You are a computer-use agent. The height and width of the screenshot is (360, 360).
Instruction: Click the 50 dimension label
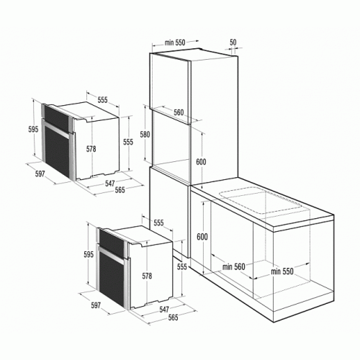click(x=233, y=42)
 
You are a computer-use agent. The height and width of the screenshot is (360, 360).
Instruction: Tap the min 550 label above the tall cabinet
click(x=175, y=42)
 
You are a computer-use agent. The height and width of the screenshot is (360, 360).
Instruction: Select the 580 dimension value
click(x=145, y=135)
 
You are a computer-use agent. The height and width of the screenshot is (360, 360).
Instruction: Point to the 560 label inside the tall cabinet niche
click(x=179, y=112)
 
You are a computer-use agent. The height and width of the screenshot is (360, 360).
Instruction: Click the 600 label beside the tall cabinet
click(x=201, y=162)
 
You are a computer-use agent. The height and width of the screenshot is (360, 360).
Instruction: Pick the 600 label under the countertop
click(x=202, y=237)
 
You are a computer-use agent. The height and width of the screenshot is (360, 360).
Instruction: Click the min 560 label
click(x=233, y=266)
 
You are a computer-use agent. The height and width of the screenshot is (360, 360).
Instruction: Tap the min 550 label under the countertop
click(x=282, y=271)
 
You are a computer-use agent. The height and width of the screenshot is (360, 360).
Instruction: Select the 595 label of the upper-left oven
click(x=33, y=129)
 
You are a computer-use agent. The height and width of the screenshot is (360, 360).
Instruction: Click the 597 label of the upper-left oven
click(x=40, y=174)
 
